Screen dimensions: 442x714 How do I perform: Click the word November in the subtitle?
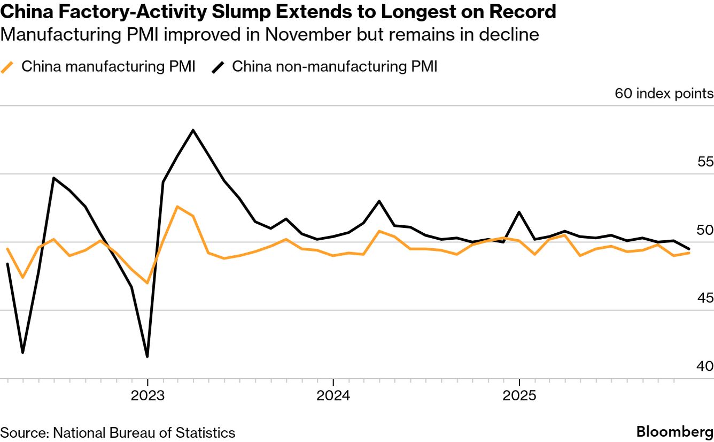pos(307,35)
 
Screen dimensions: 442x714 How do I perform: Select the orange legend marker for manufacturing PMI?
pos(7,67)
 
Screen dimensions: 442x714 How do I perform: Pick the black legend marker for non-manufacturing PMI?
pos(218,67)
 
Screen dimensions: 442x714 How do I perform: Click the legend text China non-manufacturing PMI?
pos(335,67)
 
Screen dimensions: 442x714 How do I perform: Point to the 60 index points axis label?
pos(664,94)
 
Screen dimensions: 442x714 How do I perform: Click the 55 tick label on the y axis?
pos(705,162)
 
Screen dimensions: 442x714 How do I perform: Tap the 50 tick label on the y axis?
pos(705,230)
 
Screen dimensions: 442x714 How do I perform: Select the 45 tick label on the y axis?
pos(705,298)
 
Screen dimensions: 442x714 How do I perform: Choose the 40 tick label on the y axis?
pos(705,367)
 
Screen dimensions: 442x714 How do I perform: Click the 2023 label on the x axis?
pos(148,397)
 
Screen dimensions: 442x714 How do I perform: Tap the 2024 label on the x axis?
pos(333,397)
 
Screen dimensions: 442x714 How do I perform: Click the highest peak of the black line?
pos(193,130)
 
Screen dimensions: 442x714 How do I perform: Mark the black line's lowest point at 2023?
pos(147,356)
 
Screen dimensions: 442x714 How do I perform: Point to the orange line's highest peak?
pos(177,207)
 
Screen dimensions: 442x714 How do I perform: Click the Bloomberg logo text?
pos(674,432)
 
